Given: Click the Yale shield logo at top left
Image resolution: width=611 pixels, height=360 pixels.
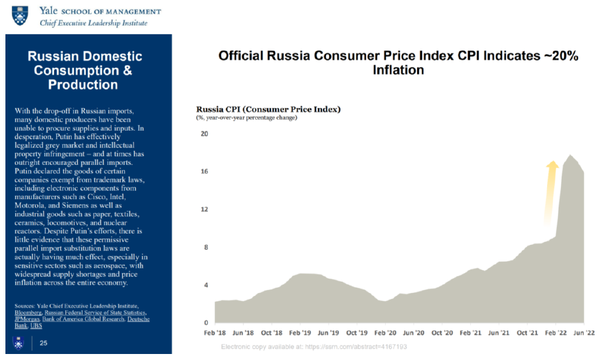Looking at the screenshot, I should [20, 16].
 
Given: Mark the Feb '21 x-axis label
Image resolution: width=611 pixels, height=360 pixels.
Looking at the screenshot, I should [470, 332].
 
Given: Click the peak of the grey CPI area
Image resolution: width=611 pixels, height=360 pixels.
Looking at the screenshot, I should [569, 155].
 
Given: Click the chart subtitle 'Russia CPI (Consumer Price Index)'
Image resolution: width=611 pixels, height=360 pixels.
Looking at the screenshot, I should [268, 109].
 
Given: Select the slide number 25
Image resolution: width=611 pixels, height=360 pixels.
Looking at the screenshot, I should [43, 343].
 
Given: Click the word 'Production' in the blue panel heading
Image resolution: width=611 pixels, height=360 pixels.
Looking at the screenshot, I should [84, 84].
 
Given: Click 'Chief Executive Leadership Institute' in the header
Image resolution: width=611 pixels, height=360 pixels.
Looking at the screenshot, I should [93, 23].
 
